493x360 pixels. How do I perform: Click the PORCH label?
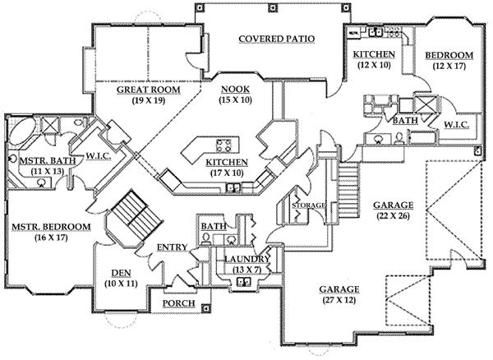coord(178,303)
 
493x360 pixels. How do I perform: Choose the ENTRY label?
coord(173,247)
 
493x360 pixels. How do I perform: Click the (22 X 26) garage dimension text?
coord(392,217)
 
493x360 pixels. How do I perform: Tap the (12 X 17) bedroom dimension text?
coord(448,66)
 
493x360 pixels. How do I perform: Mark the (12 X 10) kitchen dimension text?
coord(374,66)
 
